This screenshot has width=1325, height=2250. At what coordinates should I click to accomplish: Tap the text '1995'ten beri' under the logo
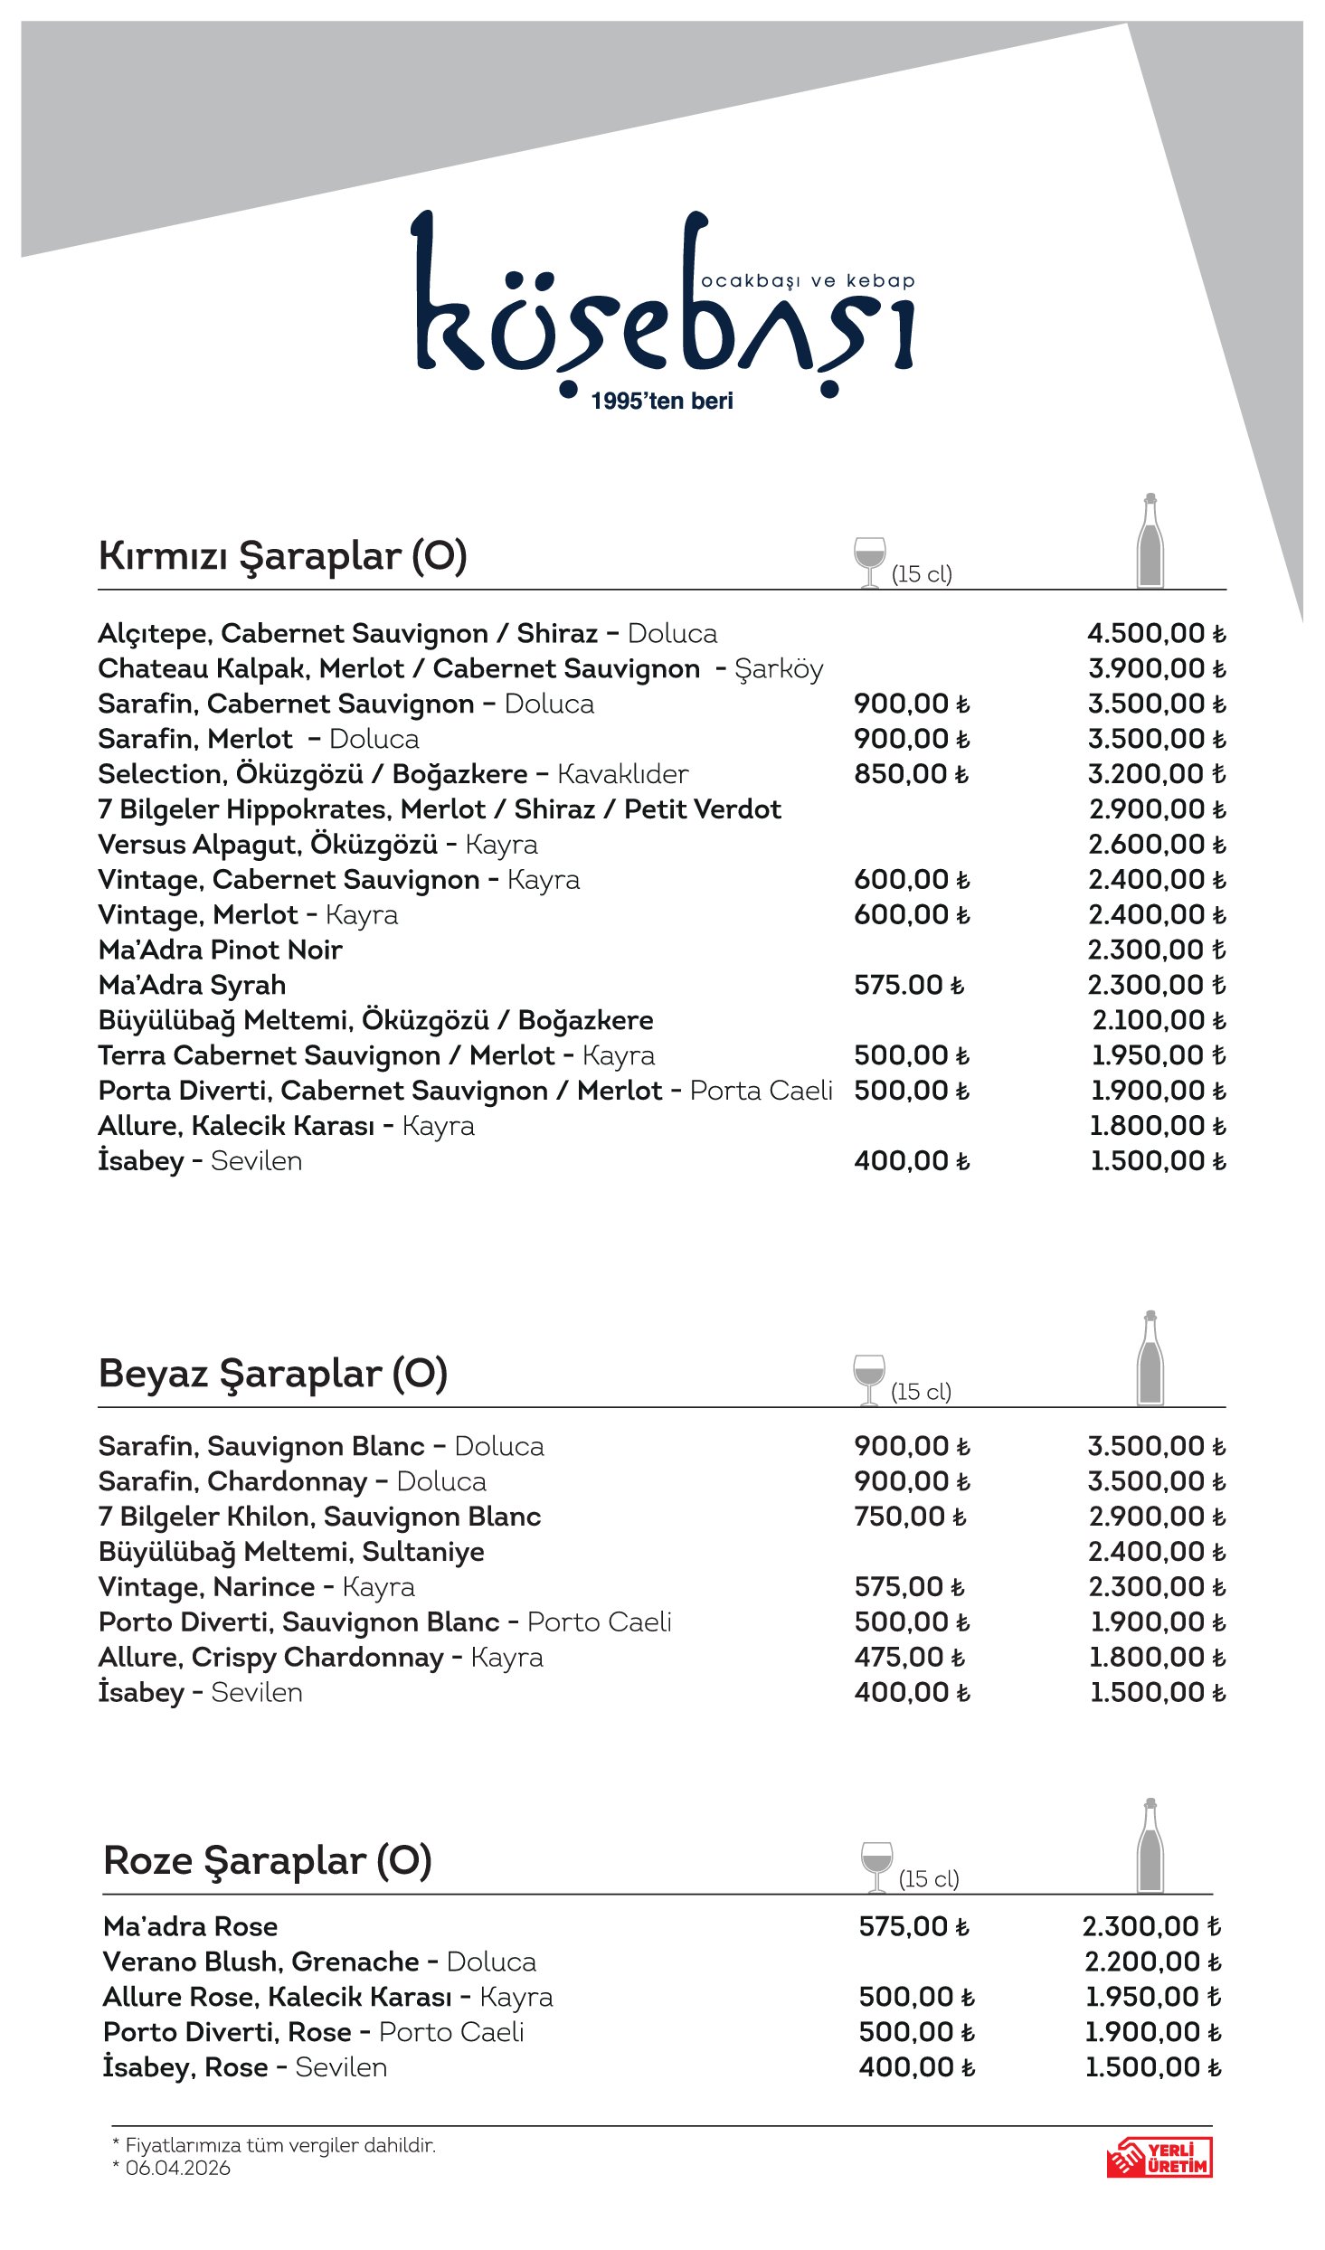point(662,402)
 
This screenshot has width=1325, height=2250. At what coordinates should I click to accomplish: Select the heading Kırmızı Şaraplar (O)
point(282,555)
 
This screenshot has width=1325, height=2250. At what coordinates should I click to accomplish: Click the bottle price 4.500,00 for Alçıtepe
point(1155,633)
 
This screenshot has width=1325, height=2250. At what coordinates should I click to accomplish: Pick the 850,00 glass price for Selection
point(911,774)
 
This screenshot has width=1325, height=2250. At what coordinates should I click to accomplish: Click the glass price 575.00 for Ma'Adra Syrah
point(908,985)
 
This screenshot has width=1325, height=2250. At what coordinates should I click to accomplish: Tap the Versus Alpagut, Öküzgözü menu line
point(317,845)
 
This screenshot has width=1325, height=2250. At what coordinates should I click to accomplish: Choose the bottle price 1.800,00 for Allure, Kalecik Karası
point(1157,1126)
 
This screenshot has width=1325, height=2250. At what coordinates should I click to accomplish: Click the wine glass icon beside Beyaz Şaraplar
point(868,1379)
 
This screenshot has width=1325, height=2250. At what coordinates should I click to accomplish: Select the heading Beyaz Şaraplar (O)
point(272,1374)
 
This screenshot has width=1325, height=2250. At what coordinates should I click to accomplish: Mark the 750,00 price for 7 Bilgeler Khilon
point(909,1517)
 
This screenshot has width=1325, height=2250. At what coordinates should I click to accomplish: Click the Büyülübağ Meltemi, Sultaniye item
point(291,1552)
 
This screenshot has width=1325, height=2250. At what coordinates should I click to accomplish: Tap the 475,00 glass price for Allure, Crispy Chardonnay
point(909,1658)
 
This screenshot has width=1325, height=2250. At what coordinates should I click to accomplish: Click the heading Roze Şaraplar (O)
point(267,1861)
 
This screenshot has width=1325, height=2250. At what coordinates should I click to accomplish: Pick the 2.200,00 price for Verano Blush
point(1152,1962)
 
